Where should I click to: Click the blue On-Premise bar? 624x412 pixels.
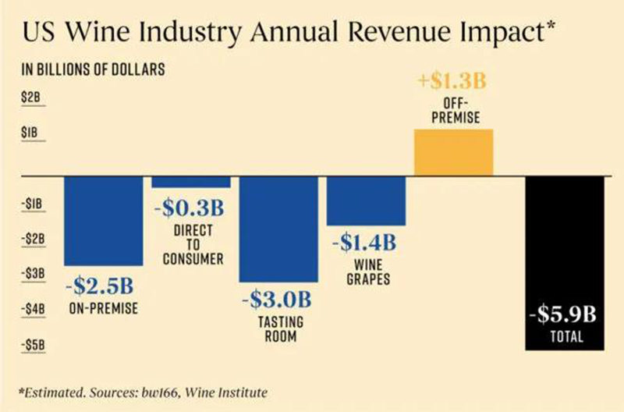[103, 220]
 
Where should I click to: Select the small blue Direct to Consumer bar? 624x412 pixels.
[191, 181]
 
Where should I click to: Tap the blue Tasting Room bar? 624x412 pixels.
[278, 229]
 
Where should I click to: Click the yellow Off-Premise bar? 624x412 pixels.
[453, 151]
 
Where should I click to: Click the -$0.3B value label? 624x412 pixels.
[191, 208]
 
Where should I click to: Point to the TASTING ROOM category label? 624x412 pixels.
[278, 329]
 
